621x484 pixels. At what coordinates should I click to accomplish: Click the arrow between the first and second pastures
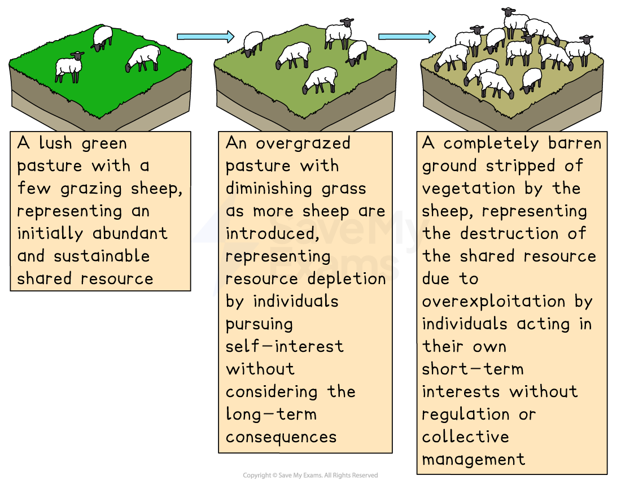(x=205, y=37)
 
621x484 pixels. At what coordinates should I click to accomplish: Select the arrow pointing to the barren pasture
(x=406, y=37)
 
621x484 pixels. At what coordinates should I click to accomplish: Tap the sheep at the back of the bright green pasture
(x=102, y=37)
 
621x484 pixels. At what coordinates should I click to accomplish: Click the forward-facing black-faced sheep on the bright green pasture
(x=69, y=67)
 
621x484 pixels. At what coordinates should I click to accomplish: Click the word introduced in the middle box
(x=269, y=233)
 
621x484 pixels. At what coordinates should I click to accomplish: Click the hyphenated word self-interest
(x=285, y=346)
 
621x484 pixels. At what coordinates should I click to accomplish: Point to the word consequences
(x=281, y=437)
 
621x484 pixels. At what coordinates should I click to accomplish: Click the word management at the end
(x=473, y=459)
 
